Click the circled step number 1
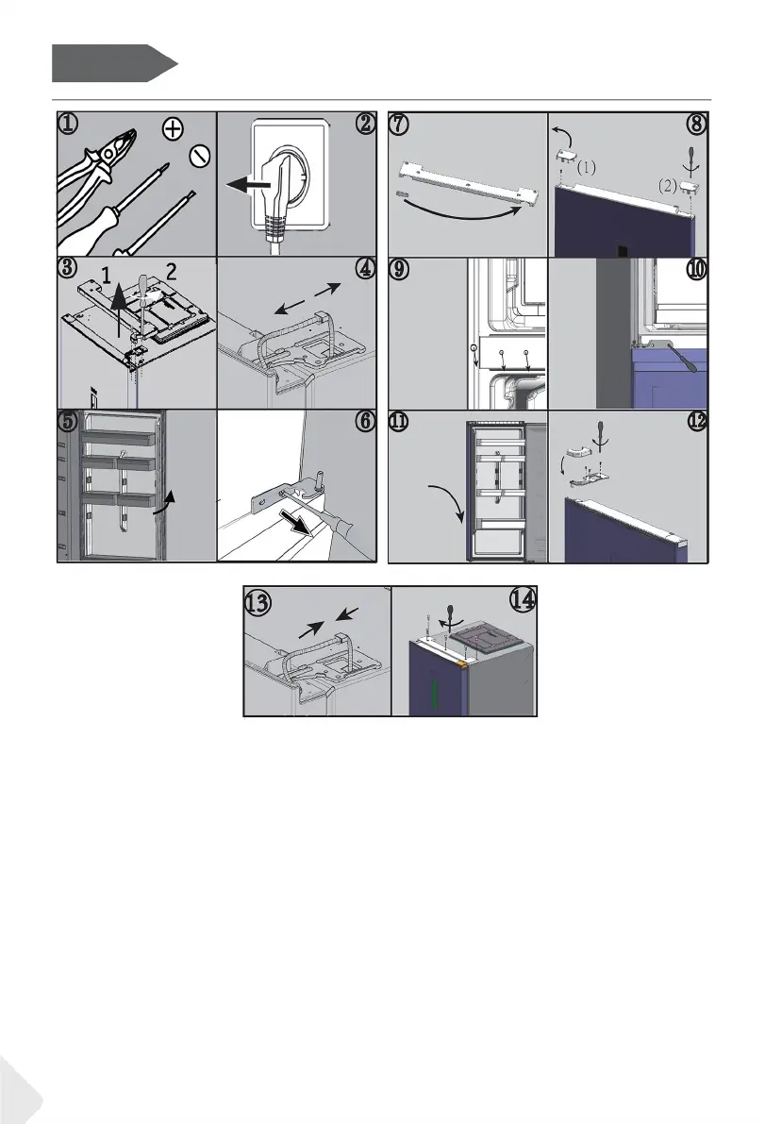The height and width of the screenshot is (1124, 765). point(68,124)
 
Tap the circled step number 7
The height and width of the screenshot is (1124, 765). point(399,124)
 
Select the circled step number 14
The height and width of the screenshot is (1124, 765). point(523,599)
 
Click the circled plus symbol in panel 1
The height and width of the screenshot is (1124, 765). point(173,129)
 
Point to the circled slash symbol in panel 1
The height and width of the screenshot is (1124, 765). point(200,155)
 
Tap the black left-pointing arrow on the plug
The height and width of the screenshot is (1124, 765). point(248,185)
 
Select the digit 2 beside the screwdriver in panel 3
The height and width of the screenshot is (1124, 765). point(171,271)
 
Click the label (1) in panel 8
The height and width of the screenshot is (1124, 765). point(586,168)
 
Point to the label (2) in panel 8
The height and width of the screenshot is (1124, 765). point(668,186)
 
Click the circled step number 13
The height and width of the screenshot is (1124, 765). point(258,602)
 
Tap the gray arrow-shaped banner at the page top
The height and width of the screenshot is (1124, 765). point(114,63)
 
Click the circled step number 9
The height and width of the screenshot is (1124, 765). point(399,270)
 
